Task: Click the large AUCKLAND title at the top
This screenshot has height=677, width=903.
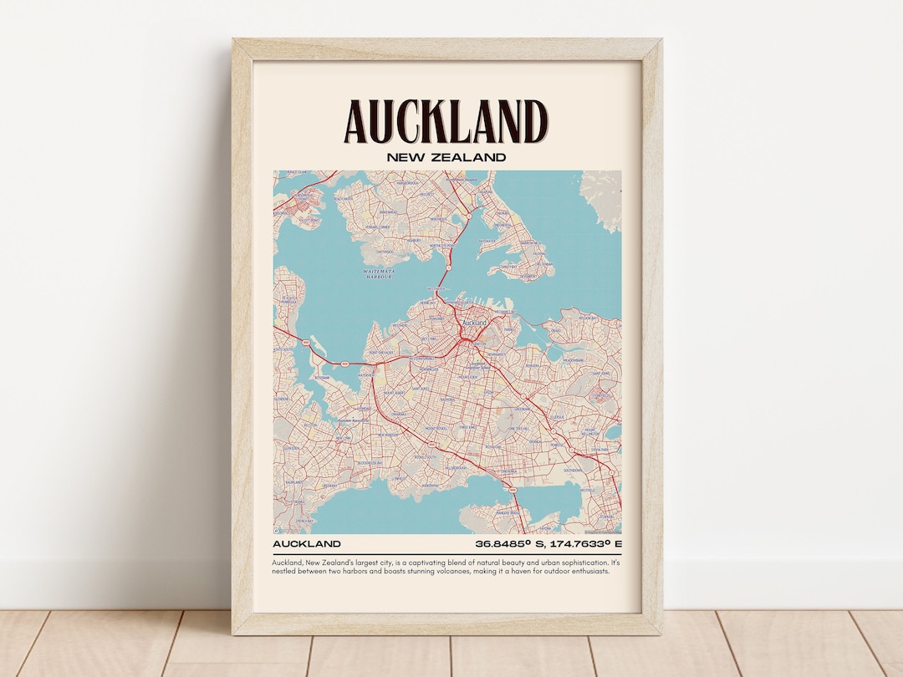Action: coord(446,122)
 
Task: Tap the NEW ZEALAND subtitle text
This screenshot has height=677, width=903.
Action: coord(446,157)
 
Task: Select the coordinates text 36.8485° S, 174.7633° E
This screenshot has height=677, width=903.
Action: coord(548,544)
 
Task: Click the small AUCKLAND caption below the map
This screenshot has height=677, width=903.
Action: coord(306,544)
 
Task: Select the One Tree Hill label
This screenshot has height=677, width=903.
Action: coord(520,428)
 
